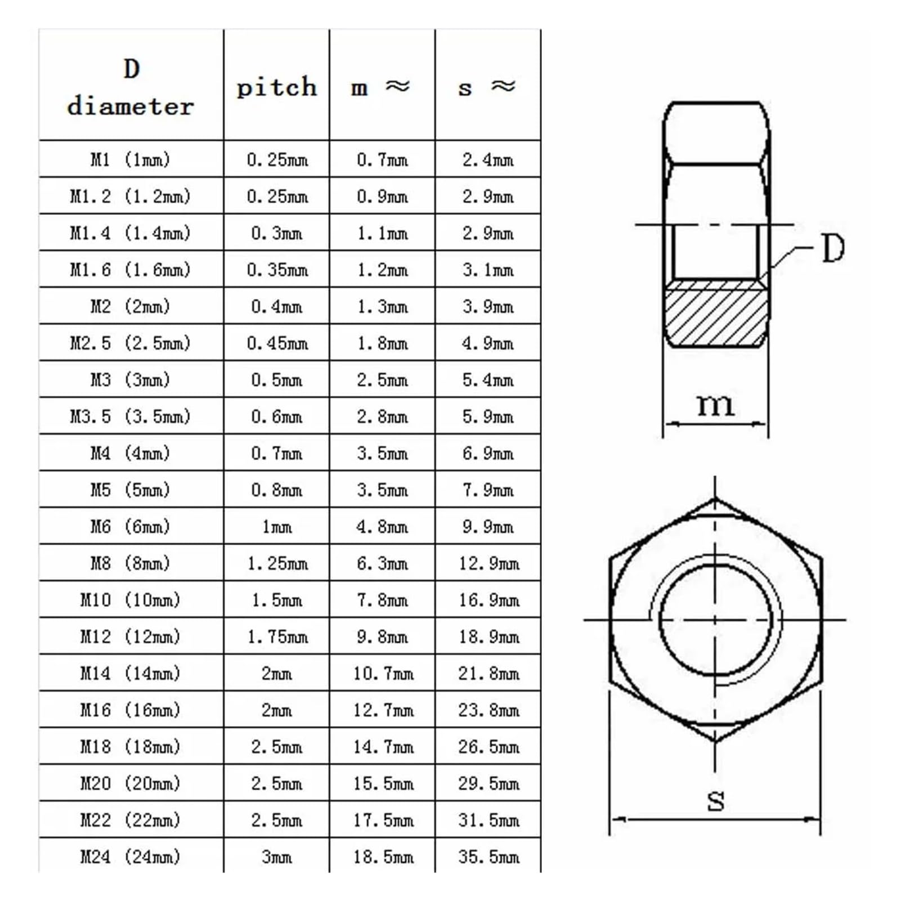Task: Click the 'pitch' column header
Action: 276,87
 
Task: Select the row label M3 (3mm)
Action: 131,380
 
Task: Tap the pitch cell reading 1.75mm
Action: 277,636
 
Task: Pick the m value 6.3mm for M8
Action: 382,563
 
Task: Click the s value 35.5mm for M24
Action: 488,857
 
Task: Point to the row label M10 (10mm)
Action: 131,600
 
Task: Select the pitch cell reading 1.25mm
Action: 277,563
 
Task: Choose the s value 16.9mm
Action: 488,600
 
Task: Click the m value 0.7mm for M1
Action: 382,160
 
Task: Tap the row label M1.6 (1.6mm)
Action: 131,270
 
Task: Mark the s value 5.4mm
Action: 488,380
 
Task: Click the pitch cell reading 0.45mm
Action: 277,343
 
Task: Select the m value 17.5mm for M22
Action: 383,820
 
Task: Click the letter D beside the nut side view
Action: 833,248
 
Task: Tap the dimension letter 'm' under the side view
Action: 715,404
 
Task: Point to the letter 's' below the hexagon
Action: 715,800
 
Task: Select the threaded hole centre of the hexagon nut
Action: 715,620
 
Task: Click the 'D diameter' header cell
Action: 131,87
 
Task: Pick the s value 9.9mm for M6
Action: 488,527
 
